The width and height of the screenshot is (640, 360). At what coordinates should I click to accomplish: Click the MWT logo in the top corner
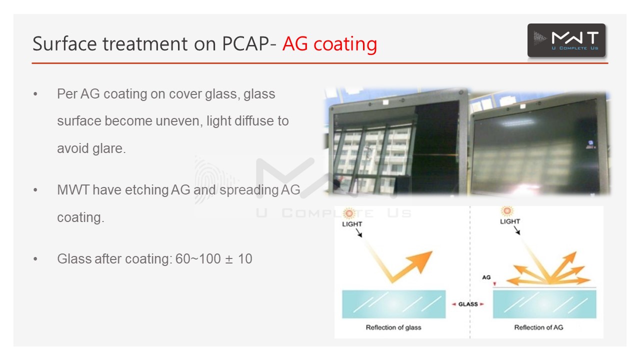[x=566, y=40]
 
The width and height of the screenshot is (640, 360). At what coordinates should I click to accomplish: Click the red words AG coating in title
[x=329, y=44]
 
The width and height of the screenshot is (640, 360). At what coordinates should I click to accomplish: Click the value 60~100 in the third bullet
[x=198, y=259]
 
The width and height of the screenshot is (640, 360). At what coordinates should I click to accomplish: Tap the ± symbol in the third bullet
[x=229, y=259]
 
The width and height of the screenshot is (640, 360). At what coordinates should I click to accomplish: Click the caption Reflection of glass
[x=393, y=327]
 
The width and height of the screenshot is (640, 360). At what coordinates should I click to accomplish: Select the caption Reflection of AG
[x=538, y=327]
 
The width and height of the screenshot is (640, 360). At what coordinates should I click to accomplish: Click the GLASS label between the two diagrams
[x=468, y=304]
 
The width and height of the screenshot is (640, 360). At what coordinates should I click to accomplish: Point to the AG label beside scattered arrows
[x=486, y=277]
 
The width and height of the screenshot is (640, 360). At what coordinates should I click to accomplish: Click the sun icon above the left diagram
[x=349, y=213]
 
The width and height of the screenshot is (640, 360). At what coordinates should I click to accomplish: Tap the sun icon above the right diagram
[x=507, y=211]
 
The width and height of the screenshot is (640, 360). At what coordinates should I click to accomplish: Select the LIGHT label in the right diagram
[x=509, y=221]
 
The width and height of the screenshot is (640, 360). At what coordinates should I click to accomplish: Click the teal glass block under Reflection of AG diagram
[x=544, y=304]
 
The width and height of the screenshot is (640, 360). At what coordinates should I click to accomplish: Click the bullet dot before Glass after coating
[x=35, y=259]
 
